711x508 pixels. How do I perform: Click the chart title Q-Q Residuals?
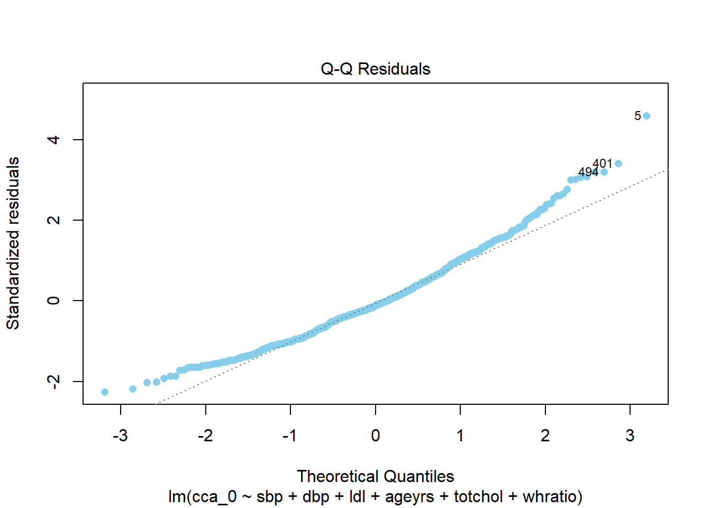click(375, 69)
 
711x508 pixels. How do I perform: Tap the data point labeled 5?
click(646, 116)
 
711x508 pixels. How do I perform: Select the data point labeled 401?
click(618, 164)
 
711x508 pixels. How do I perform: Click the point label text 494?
click(588, 172)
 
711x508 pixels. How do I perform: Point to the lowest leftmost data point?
click(105, 392)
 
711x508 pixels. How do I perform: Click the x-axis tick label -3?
click(120, 436)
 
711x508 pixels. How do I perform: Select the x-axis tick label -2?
click(205, 436)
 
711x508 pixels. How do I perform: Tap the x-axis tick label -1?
click(290, 436)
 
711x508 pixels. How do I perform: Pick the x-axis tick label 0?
click(375, 436)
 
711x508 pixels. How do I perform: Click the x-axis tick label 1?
click(460, 436)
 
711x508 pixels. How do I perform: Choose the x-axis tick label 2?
click(545, 436)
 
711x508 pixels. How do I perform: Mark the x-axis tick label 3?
click(630, 436)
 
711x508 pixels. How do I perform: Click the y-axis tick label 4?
click(53, 140)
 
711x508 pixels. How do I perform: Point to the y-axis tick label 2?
click(53, 220)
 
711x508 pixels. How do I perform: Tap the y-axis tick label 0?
click(53, 301)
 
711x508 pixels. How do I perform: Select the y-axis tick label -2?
click(53, 381)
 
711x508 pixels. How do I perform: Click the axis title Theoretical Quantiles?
click(375, 476)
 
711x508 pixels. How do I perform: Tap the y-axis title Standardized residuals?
click(13, 243)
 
